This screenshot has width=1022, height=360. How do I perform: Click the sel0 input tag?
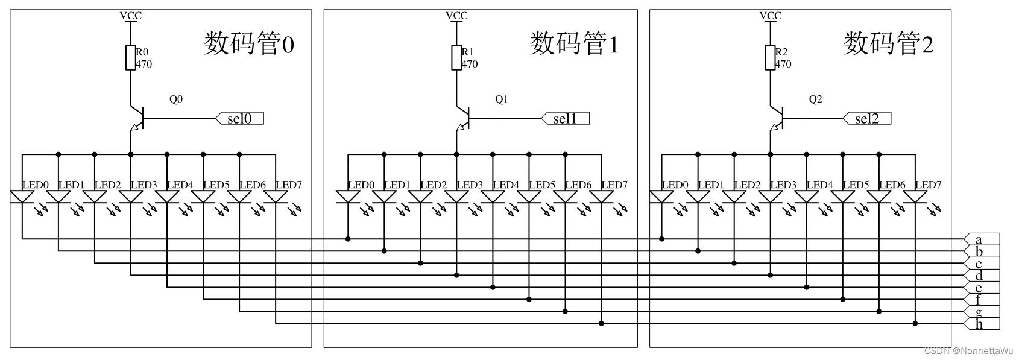(x=240, y=119)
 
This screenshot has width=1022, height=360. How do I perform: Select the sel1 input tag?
(x=566, y=119)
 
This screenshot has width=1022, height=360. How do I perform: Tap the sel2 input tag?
(x=867, y=119)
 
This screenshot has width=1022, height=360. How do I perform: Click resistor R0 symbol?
(x=131, y=58)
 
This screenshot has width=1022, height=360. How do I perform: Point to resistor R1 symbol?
(x=456, y=58)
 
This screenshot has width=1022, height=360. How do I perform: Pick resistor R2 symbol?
(x=770, y=58)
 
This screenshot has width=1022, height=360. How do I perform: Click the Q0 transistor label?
(x=176, y=99)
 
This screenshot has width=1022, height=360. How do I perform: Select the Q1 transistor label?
(x=502, y=99)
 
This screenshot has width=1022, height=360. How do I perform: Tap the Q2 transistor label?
(x=815, y=99)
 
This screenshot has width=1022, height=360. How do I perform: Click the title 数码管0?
(x=249, y=44)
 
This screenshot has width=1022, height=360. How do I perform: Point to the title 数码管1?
(x=574, y=44)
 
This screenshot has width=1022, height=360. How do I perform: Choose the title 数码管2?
(x=888, y=44)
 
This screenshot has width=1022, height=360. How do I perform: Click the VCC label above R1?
(x=456, y=16)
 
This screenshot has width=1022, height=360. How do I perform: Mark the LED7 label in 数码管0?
(x=289, y=185)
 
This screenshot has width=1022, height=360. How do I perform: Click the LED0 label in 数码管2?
(x=675, y=185)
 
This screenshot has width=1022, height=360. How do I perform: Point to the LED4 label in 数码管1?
(x=506, y=185)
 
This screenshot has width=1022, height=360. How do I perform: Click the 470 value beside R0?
(x=144, y=64)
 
